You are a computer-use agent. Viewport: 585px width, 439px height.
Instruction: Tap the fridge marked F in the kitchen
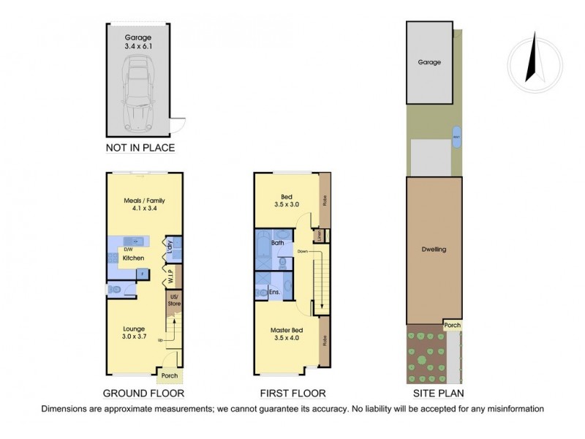click(x=142, y=274)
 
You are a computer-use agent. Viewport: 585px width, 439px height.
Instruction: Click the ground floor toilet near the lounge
click(x=113, y=290)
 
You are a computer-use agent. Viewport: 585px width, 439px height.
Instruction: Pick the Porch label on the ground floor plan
click(x=170, y=376)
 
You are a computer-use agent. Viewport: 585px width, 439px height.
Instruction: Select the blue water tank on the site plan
click(x=456, y=136)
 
